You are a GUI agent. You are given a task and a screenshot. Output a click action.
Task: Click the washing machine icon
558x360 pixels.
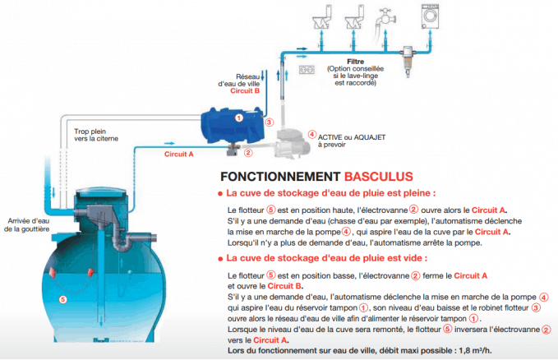pos(430,16)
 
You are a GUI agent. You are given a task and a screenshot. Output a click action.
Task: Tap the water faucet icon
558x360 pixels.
pos(385,20)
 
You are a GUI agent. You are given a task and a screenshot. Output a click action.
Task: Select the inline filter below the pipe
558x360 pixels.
pos(408,62)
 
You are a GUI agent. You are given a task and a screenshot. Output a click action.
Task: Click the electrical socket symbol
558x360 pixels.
pos(307,69)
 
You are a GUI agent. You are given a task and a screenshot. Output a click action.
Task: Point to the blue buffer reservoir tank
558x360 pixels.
pos(233,125)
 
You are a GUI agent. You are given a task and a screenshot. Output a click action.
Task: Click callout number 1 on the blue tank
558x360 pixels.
pos(239,118)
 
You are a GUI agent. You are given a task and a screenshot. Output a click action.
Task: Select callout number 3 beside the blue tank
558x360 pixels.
pos(269,122)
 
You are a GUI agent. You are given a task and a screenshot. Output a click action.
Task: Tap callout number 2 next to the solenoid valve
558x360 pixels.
pos(248,153)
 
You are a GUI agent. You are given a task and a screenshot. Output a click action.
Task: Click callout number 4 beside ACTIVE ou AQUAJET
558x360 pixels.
pos(311,134)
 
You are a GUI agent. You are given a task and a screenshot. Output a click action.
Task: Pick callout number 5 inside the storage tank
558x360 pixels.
pos(62,299)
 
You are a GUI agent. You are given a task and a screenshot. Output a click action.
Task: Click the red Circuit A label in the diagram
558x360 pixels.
pos(178,155)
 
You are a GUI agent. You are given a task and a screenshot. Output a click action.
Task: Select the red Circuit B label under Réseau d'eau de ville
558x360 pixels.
pos(245,90)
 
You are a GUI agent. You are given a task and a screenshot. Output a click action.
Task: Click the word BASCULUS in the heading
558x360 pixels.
pos(379,177)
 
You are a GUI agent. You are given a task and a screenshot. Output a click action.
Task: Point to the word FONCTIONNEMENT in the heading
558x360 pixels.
pos(280,177)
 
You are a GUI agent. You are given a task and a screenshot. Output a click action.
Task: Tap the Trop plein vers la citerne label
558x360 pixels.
pos(96,135)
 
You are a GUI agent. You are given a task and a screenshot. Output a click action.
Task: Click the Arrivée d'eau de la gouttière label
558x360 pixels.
pos(27,225)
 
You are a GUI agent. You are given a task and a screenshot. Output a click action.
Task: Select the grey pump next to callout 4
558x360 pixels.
pos(293,143)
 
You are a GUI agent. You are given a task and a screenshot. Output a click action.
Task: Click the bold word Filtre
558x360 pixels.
pos(355,62)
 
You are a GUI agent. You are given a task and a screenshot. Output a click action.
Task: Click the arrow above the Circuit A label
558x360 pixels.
pos(170,144)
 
